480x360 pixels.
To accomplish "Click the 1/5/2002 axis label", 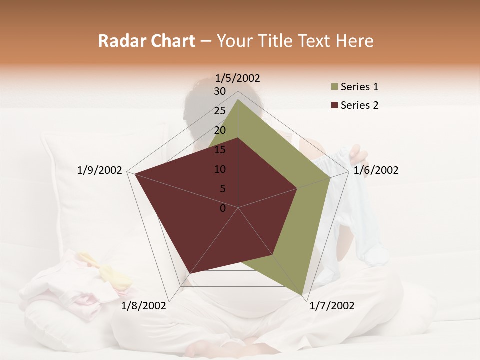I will (x=237, y=78).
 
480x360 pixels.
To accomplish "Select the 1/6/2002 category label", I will (x=376, y=170).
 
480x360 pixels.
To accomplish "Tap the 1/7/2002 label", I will (x=332, y=306).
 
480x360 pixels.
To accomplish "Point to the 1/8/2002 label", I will (x=143, y=306).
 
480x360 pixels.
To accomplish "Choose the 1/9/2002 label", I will (x=100, y=170).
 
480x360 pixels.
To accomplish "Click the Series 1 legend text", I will (x=359, y=87).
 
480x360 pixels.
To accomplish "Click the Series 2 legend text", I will (x=359, y=105).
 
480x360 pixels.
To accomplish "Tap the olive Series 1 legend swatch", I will (x=334, y=87).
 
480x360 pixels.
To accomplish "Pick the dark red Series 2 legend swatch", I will (x=334, y=106).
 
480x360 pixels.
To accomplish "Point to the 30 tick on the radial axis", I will (x=220, y=91).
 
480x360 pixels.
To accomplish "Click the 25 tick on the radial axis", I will (x=220, y=111).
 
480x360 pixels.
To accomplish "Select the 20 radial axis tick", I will (x=220, y=130).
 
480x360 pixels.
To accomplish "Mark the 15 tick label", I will (x=220, y=150).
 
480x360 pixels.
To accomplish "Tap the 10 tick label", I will (x=220, y=169).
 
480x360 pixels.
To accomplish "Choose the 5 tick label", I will (x=223, y=189).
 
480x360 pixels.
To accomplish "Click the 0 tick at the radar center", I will (x=223, y=208).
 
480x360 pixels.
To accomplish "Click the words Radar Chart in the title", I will (x=146, y=41).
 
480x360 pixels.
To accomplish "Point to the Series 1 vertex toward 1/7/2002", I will (x=302, y=294).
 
